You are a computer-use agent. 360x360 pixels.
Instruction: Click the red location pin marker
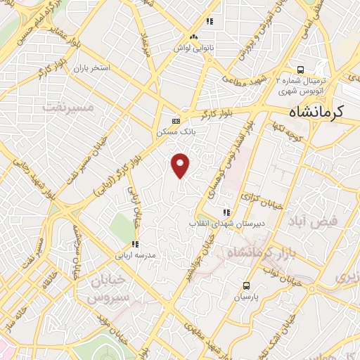(x=181, y=165)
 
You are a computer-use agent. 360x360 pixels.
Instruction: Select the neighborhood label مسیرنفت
(x=67, y=107)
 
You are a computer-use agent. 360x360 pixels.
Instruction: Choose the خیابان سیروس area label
(x=109, y=289)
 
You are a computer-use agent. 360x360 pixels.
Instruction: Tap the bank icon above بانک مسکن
(x=176, y=119)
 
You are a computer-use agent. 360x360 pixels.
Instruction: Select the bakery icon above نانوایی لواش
(x=193, y=37)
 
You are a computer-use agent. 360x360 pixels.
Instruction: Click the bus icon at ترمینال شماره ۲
(x=300, y=70)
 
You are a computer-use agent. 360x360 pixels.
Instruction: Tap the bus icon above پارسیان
(x=245, y=285)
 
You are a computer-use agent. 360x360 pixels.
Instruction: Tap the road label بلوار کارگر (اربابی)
(x=122, y=165)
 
